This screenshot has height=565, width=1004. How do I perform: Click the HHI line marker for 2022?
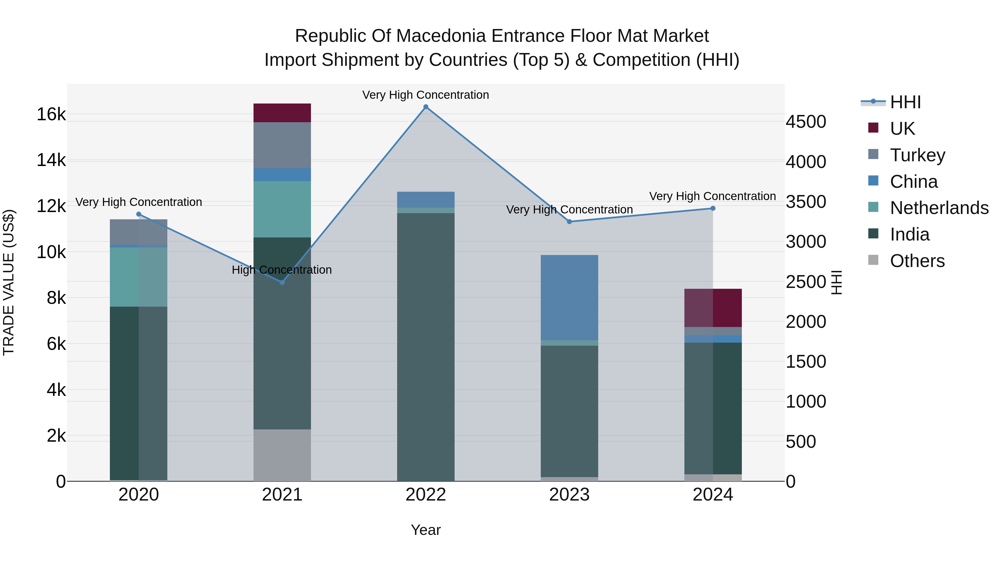click(426, 107)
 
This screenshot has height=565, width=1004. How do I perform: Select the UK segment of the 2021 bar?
click(282, 113)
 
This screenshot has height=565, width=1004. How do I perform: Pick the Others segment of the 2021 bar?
click(282, 455)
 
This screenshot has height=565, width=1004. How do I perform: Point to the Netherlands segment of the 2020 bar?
click(138, 277)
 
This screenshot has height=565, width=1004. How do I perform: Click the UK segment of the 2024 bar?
click(713, 308)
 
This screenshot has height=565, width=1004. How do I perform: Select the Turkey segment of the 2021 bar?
click(282, 145)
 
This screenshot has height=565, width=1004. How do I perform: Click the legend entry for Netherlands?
click(938, 208)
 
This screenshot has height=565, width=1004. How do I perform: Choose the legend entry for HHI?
click(905, 102)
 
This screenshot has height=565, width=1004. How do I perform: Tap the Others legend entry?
click(917, 261)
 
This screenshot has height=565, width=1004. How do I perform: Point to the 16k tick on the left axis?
click(51, 115)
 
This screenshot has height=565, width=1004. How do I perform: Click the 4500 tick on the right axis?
click(805, 122)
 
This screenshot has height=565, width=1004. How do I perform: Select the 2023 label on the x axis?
click(569, 495)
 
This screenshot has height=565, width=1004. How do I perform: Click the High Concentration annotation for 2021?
click(281, 270)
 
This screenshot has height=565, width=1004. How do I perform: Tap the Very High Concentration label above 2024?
click(712, 196)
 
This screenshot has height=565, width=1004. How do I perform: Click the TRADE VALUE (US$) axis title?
click(9, 282)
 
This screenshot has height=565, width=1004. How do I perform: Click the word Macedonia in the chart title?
click(442, 36)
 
